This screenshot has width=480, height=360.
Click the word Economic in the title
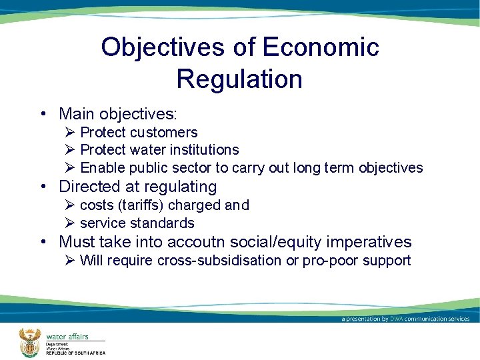tap(321, 47)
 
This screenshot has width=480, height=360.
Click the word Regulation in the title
tap(239, 79)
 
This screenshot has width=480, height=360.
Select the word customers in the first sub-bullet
tap(163, 133)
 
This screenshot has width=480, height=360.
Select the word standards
tap(163, 223)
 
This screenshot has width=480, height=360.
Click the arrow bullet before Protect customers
tap(70, 133)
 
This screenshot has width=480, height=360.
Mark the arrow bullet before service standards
tap(70, 223)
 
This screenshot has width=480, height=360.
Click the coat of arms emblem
tap(29, 342)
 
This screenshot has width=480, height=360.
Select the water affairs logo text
tap(67, 337)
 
